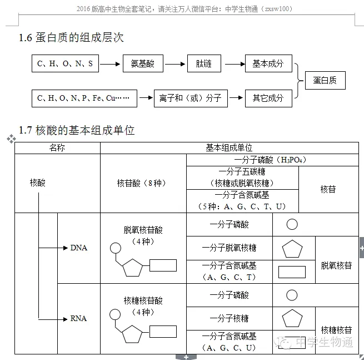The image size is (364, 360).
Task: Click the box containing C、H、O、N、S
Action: click(65, 64)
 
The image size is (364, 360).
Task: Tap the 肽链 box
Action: click(203, 64)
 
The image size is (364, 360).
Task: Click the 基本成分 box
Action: click(268, 64)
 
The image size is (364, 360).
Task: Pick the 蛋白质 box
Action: click(325, 81)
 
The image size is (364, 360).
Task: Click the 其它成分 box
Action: click(268, 98)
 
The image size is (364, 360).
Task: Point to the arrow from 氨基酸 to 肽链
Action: click(174, 64)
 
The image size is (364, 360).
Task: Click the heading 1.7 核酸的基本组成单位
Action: click(77, 130)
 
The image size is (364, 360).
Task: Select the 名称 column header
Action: click(57, 148)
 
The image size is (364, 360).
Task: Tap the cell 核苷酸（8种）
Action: click(142, 183)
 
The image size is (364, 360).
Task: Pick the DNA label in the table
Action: click(79, 248)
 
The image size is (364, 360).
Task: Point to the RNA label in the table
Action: click(79, 318)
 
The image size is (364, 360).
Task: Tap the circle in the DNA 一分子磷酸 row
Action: click(292, 225)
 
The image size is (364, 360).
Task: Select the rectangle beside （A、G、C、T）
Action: click(292, 272)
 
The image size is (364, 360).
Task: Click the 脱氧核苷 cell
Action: click(336, 265)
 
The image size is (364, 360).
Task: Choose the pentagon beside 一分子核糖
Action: click(292, 319)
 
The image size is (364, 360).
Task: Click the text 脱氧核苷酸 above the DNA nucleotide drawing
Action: click(143, 230)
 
